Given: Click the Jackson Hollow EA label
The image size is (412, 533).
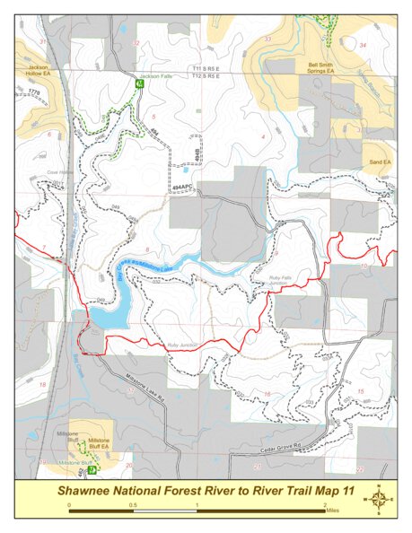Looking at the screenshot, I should click(x=38, y=69).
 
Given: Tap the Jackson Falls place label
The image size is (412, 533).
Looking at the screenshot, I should click(x=155, y=76).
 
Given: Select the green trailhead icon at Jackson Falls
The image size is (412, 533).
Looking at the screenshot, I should click(x=139, y=83).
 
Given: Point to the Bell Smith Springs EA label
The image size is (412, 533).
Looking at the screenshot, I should click(x=324, y=68).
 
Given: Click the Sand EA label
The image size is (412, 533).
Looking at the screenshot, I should click(x=381, y=162).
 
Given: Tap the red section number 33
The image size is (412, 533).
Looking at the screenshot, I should click(x=267, y=39).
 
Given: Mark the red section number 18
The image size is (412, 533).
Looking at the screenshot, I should click(x=42, y=384).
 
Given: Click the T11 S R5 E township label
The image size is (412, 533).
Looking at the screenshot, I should click(x=206, y=68).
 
